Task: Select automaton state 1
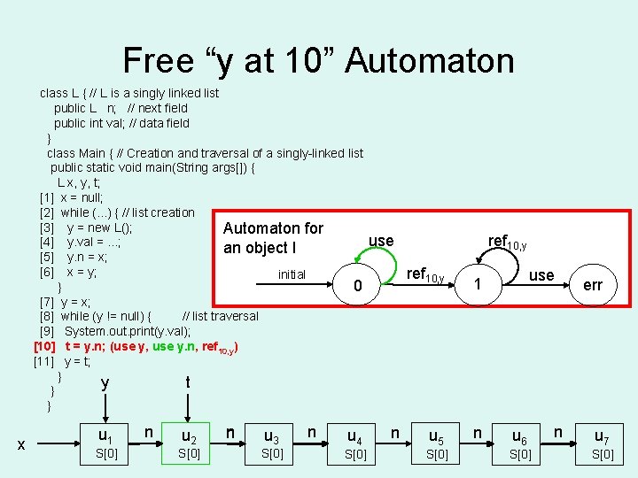(478, 285)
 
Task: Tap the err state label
(593, 285)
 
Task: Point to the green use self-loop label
(381, 241)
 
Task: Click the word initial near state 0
(292, 274)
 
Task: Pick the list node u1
(105, 436)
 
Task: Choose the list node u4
(354, 436)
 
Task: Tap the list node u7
(602, 436)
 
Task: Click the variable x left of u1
(20, 444)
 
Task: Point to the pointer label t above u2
(187, 382)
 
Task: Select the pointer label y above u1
(105, 382)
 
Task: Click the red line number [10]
(45, 346)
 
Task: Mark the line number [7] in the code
(47, 301)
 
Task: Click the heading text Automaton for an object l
(273, 238)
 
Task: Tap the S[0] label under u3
(272, 454)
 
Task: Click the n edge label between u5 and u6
(478, 431)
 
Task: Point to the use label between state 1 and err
(541, 275)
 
